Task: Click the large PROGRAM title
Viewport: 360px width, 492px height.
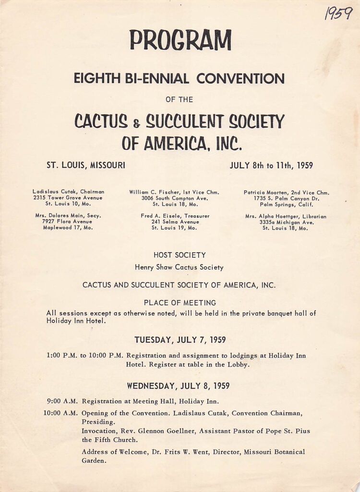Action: [x=180, y=41]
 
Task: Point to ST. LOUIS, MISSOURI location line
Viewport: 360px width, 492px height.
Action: [x=86, y=166]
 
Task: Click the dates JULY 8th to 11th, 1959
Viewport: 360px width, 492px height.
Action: [x=271, y=166]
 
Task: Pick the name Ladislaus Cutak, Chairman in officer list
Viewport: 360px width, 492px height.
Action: [x=69, y=192]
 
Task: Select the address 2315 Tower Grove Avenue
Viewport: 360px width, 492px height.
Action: [x=68, y=198]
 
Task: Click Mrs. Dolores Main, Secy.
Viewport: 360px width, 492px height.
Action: [x=68, y=216]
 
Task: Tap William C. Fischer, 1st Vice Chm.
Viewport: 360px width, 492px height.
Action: [x=174, y=192]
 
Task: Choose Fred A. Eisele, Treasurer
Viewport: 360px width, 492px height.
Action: [x=175, y=216]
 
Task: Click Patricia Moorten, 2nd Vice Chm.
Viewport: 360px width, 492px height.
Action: [x=287, y=193]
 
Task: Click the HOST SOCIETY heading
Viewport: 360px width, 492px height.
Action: [x=180, y=255]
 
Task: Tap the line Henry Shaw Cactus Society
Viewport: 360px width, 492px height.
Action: [x=180, y=267]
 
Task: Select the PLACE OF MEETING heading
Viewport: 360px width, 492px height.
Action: [x=180, y=303]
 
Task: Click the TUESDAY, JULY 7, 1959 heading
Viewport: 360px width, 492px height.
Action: [x=180, y=340]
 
